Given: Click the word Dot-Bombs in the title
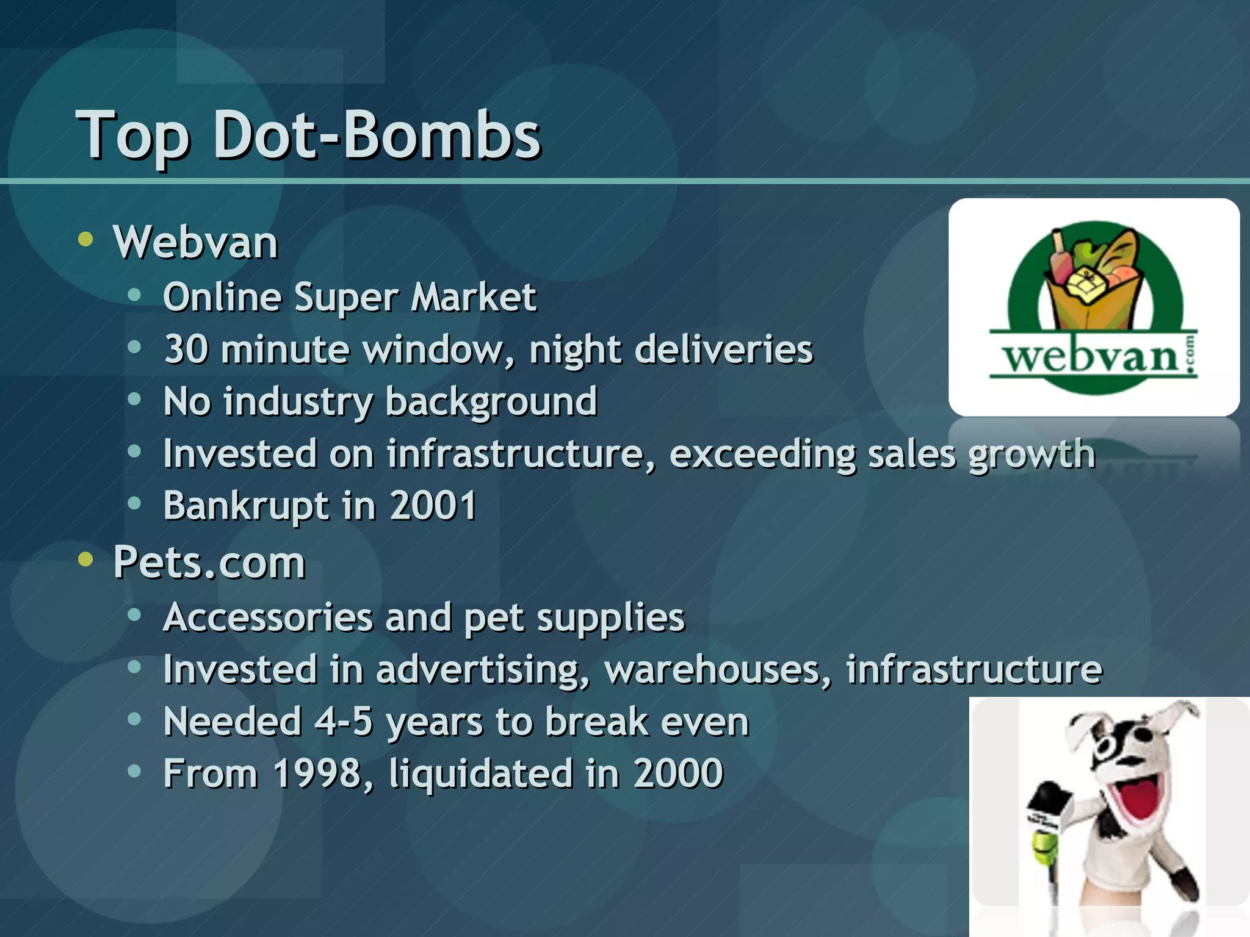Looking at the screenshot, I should click(x=377, y=134).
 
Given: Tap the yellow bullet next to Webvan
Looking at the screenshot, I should click(x=86, y=240).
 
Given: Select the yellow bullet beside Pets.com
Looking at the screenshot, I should click(x=86, y=559).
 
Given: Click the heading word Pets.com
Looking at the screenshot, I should click(x=209, y=562).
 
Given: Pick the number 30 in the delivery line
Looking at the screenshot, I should click(x=186, y=350).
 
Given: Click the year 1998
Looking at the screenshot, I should click(x=317, y=774).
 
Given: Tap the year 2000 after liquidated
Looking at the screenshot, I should click(x=678, y=774).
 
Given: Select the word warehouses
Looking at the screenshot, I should click(x=718, y=669).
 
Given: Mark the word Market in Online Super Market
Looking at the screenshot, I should click(x=473, y=297).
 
